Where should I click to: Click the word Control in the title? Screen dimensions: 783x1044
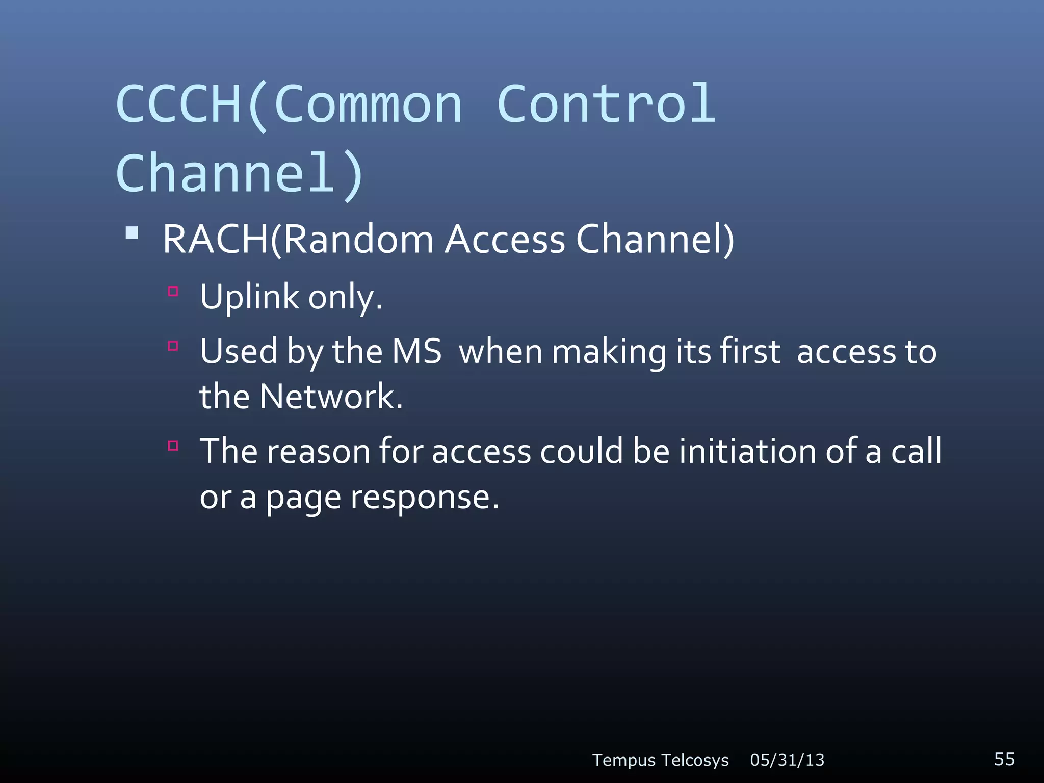[607, 105]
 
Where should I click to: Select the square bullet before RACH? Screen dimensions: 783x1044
[132, 233]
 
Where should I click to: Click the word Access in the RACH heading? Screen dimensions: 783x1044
[505, 239]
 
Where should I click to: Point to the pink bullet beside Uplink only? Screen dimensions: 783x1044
[173, 292]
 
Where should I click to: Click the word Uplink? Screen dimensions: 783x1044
[249, 297]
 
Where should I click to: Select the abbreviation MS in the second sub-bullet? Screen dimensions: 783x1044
[416, 352]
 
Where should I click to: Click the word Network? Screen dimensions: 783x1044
[330, 397]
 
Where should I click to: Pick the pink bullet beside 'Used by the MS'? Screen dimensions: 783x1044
[173, 346]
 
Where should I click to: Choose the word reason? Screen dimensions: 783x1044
[319, 452]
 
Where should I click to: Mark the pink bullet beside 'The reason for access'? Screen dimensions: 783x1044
[173, 446]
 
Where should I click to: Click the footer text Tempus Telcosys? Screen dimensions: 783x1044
[660, 760]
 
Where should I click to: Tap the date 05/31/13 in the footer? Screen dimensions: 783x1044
[787, 760]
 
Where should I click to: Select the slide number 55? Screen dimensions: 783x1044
[1004, 759]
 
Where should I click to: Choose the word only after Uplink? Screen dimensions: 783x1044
[345, 297]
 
